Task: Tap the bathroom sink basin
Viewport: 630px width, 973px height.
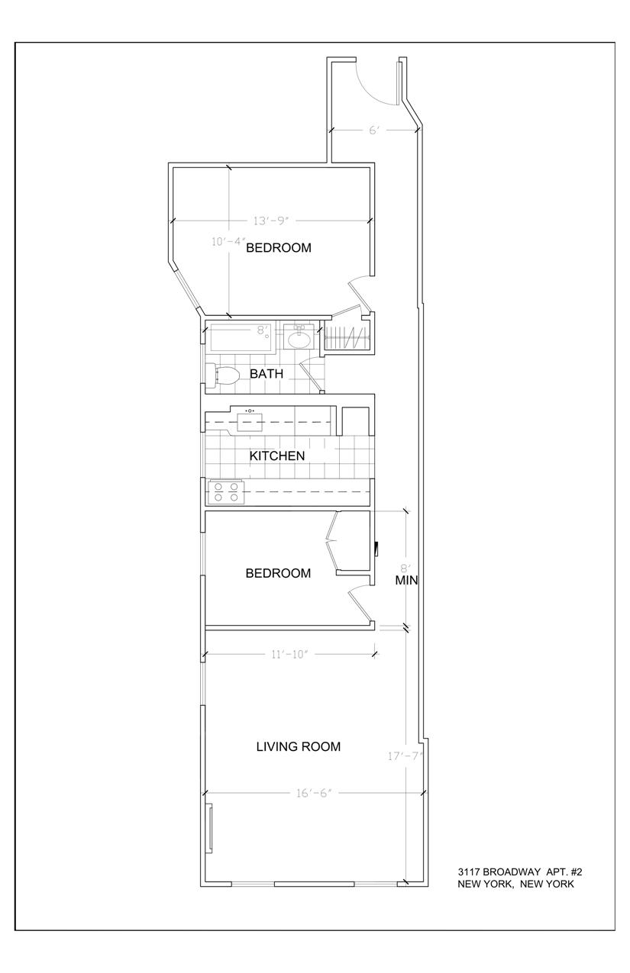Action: pos(299,337)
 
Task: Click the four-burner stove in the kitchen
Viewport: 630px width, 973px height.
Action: pos(225,492)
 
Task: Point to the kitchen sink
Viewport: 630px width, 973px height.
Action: pos(250,421)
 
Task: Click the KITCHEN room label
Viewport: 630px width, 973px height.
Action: pos(277,456)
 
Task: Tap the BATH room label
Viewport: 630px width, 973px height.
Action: pos(266,373)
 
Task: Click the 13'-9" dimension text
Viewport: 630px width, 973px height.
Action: pos(271,221)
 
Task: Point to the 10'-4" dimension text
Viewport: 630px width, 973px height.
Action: pos(228,241)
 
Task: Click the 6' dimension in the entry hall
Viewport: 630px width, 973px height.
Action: pos(374,130)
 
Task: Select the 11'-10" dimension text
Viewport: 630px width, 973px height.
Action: pos(289,654)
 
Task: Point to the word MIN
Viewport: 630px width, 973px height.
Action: pos(406,580)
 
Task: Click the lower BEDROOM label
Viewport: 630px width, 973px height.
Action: pos(278,573)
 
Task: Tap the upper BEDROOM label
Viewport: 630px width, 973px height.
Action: pos(279,247)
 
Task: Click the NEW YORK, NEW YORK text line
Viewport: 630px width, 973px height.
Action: pos(515,884)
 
